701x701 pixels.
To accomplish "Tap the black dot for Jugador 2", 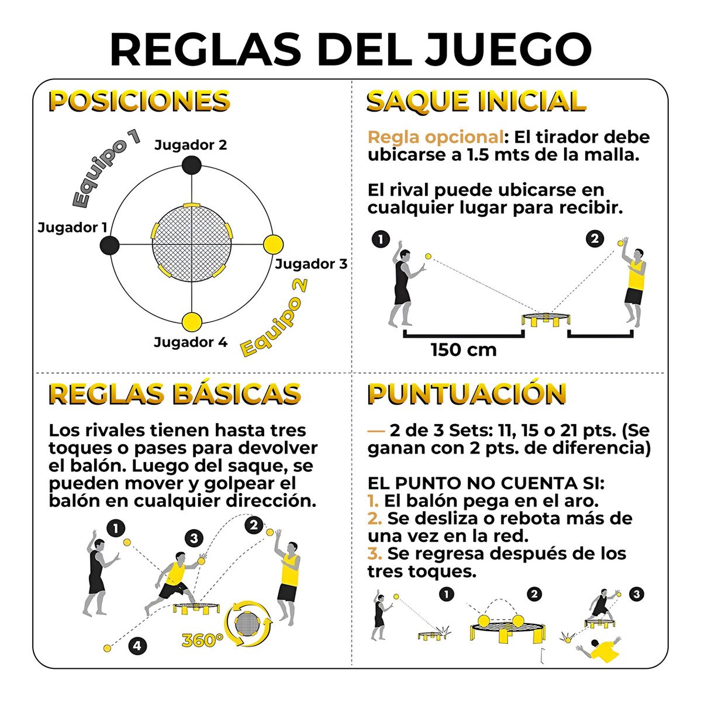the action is click(x=192, y=165).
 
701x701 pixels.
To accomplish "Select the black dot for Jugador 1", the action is click(x=109, y=245).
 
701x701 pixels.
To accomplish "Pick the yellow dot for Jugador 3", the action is click(x=273, y=244).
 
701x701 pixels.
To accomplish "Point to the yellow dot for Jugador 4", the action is click(x=192, y=322).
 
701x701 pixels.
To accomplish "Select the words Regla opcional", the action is click(x=436, y=137).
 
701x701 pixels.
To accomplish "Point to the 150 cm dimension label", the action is click(x=464, y=349).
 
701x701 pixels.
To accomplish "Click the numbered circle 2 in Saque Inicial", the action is click(x=595, y=239).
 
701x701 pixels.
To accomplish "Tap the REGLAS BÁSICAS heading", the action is click(x=175, y=394).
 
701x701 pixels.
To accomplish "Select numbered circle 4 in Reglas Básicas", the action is click(x=137, y=646).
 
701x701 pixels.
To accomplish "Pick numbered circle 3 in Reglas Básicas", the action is click(x=194, y=537).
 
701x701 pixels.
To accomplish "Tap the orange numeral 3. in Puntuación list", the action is click(x=374, y=553).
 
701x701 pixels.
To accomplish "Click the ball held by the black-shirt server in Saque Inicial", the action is click(x=429, y=256).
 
